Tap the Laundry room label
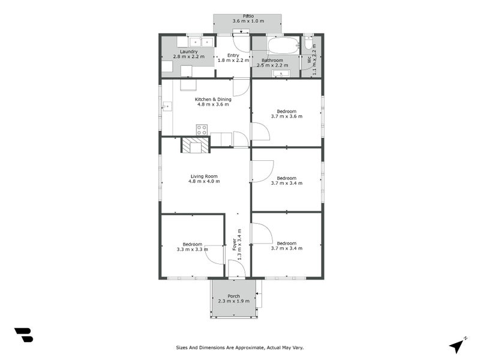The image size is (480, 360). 188,52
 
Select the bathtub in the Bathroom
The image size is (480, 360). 283,46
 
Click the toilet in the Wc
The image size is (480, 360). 308,46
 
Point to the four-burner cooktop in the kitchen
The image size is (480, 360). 202,129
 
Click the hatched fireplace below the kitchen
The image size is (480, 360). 196,145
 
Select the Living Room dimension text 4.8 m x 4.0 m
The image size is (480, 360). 203,181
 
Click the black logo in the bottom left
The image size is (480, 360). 23,335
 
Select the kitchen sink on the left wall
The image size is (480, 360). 167,107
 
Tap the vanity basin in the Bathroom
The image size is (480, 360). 281,74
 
